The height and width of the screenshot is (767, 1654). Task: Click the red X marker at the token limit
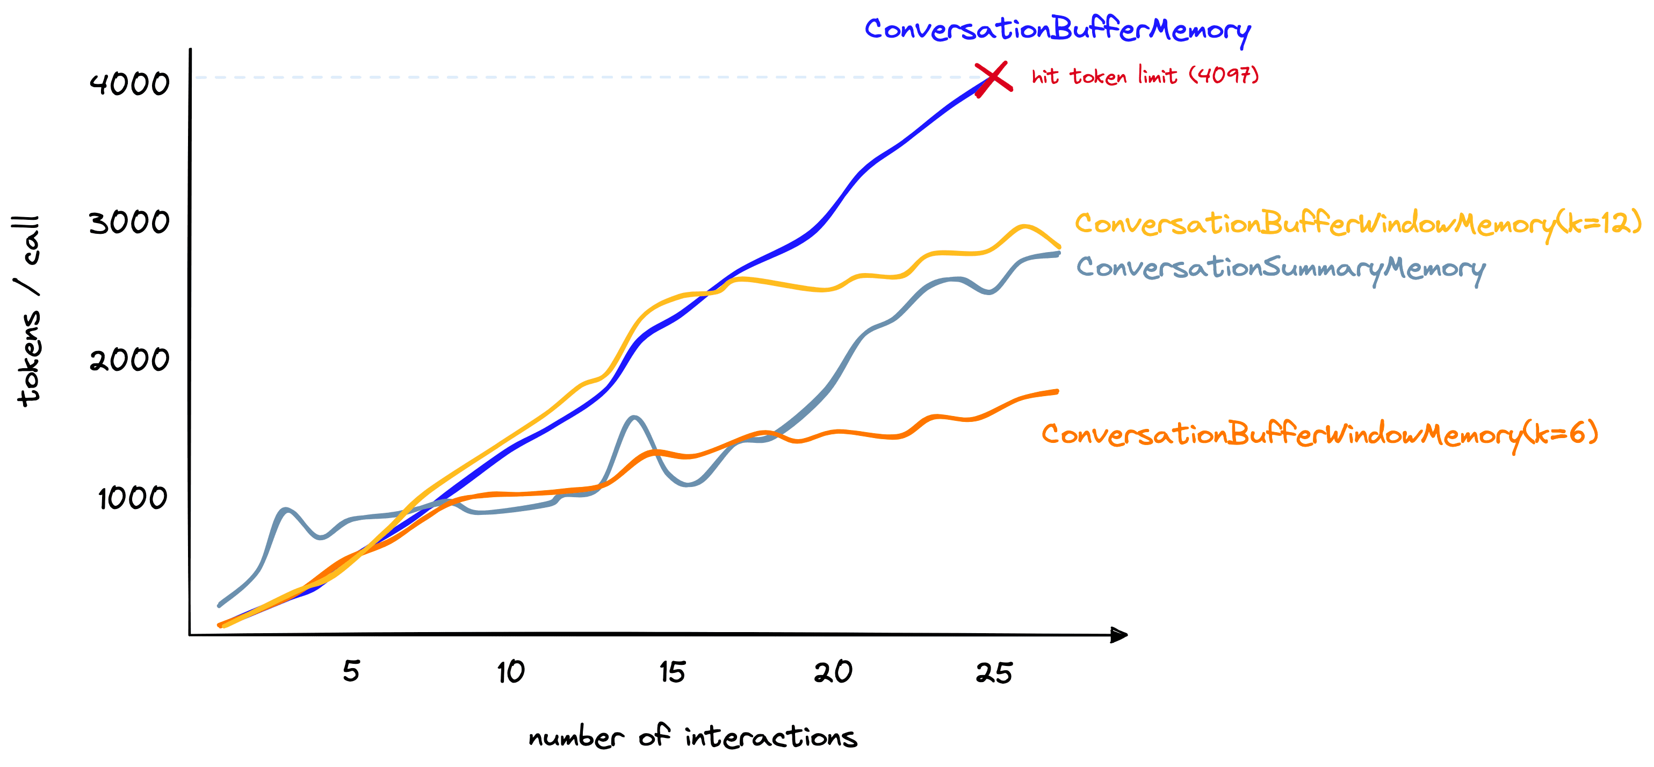click(993, 79)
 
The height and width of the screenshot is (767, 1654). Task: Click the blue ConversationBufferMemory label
click(1057, 30)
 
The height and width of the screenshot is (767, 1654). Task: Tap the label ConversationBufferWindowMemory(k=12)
click(1357, 224)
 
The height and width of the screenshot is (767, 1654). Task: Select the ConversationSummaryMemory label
click(1280, 267)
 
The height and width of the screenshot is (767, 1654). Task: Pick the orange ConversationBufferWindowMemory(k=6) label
click(1319, 435)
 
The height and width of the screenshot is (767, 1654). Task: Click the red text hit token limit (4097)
click(1145, 76)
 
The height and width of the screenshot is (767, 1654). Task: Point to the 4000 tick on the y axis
click(129, 83)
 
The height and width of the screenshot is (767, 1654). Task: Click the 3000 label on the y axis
click(129, 223)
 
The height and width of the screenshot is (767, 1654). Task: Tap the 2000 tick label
click(129, 359)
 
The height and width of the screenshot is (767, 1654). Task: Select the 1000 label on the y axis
click(132, 498)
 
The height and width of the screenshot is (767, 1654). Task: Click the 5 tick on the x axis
click(351, 671)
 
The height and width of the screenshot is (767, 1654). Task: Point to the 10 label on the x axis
click(511, 672)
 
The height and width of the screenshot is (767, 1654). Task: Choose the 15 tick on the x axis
click(672, 672)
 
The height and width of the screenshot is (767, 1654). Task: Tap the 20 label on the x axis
click(833, 672)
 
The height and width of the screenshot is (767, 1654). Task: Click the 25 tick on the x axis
click(994, 672)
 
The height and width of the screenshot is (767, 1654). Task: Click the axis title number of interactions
click(692, 737)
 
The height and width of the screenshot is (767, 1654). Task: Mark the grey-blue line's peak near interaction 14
click(634, 418)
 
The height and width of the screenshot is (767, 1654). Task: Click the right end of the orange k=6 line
click(1056, 391)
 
